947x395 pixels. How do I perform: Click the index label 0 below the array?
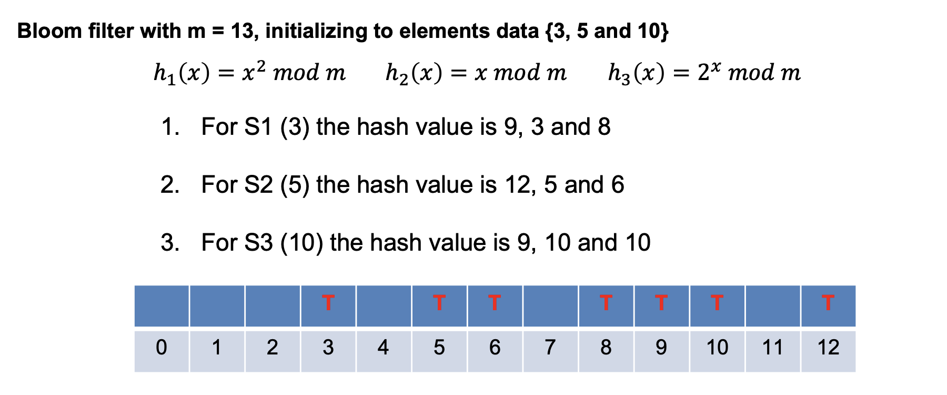[162, 348]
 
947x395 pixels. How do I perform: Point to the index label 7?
[550, 348]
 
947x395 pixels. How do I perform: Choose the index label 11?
[772, 348]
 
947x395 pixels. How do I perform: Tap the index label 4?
[383, 348]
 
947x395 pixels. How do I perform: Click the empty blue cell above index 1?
[217, 306]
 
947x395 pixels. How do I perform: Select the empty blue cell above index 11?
[772, 306]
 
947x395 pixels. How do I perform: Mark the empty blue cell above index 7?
[550, 306]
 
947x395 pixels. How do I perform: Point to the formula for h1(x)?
[249, 72]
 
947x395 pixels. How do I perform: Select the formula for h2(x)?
[476, 72]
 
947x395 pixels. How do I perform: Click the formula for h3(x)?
[704, 72]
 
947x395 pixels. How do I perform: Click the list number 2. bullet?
[170, 185]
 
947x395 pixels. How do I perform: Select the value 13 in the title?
[243, 31]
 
